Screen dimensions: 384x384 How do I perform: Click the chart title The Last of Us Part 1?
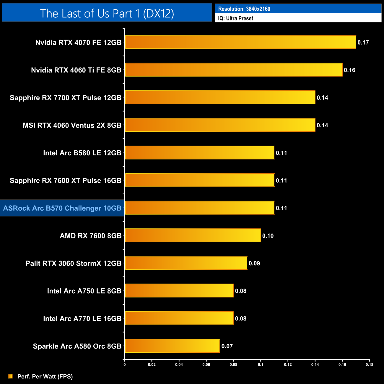pyautogui.click(x=107, y=13)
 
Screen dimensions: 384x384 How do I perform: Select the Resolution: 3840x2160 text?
pyautogui.click(x=244, y=9)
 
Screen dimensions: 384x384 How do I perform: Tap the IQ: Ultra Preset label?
pyautogui.click(x=235, y=18)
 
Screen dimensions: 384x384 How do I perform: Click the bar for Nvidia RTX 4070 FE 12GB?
pyautogui.click(x=240, y=42)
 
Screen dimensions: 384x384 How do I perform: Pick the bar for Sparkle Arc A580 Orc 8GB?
pyautogui.click(x=172, y=346)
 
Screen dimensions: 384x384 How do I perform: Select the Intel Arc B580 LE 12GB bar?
pyautogui.click(x=199, y=153)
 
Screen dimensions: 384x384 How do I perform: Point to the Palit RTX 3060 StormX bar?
pyautogui.click(x=186, y=263)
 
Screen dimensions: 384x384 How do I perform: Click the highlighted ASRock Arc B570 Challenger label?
pyautogui.click(x=62, y=208)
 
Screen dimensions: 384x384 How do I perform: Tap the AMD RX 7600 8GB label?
pyautogui.click(x=91, y=236)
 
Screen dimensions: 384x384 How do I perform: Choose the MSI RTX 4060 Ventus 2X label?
pyautogui.click(x=72, y=125)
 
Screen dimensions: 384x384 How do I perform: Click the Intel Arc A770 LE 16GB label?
pyautogui.click(x=82, y=318)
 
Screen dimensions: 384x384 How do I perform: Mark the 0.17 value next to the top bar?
pyautogui.click(x=363, y=43)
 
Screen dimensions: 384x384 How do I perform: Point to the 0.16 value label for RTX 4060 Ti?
pyautogui.click(x=349, y=70)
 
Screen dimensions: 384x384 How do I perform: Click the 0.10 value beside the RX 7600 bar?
pyautogui.click(x=268, y=236)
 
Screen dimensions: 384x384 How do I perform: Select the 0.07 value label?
pyautogui.click(x=227, y=346)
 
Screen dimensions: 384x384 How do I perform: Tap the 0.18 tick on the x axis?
pyautogui.click(x=370, y=365)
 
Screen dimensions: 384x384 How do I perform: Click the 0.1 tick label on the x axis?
pyautogui.click(x=261, y=365)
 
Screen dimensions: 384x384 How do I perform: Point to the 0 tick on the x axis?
pyautogui.click(x=125, y=365)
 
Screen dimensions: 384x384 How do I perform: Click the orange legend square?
pyautogui.click(x=10, y=376)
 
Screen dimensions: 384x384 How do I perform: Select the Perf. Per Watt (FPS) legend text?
pyautogui.click(x=45, y=376)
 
